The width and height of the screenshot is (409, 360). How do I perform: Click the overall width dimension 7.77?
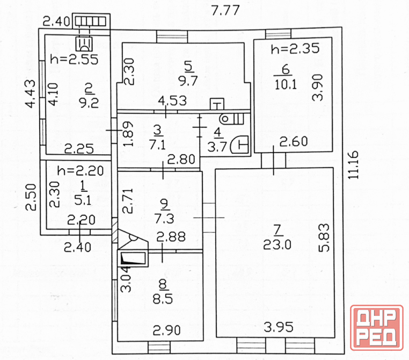[225, 10]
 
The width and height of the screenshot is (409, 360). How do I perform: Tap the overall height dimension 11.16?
[353, 165]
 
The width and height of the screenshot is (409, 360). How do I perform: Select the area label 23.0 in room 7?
[277, 245]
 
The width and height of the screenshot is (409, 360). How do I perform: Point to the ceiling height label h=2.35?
[295, 48]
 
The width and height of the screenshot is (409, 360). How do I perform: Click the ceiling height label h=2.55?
[75, 60]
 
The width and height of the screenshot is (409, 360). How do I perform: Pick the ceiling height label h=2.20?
[81, 171]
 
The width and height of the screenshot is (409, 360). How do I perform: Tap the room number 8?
[163, 284]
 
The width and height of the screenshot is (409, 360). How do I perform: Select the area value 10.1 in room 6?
[286, 84]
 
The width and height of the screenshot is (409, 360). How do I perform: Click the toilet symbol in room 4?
[232, 119]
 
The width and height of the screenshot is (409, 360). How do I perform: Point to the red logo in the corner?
[376, 328]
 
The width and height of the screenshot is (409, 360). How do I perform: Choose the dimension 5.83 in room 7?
[324, 237]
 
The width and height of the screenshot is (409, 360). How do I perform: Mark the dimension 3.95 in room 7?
[279, 327]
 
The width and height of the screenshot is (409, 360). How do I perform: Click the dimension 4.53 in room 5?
[173, 101]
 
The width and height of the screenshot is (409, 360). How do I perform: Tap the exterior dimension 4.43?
[30, 93]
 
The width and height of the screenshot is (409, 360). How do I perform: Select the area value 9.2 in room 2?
[89, 103]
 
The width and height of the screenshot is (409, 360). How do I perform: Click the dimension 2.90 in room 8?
[167, 330]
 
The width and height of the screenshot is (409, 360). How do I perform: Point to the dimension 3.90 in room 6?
[318, 88]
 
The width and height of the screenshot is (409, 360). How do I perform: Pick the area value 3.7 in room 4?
[217, 147]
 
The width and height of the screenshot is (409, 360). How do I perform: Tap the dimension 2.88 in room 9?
[171, 237]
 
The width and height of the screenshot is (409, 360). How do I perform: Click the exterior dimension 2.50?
[31, 197]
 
